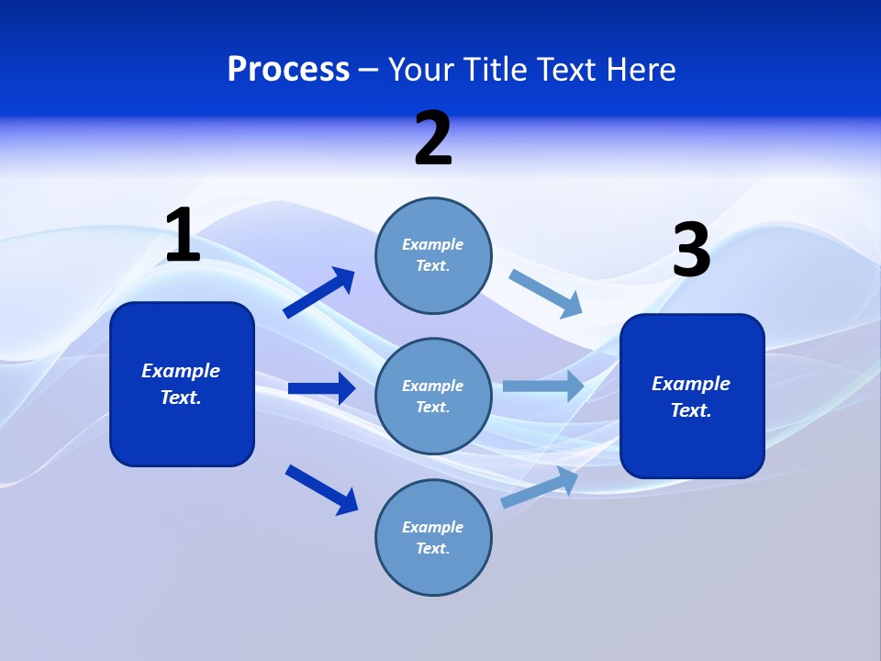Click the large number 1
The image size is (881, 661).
pyautogui.click(x=183, y=236)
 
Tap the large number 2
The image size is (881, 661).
pyautogui.click(x=433, y=140)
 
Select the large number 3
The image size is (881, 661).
pyautogui.click(x=692, y=252)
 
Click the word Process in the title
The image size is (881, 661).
pyautogui.click(x=288, y=69)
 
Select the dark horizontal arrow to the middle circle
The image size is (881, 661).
pyautogui.click(x=321, y=388)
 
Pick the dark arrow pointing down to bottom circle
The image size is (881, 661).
pyautogui.click(x=322, y=489)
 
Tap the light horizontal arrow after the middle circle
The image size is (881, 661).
pyautogui.click(x=543, y=386)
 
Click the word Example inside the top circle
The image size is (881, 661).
pyautogui.click(x=433, y=244)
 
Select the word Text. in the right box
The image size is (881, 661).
pyautogui.click(x=691, y=410)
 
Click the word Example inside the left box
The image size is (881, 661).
pyautogui.click(x=181, y=371)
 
